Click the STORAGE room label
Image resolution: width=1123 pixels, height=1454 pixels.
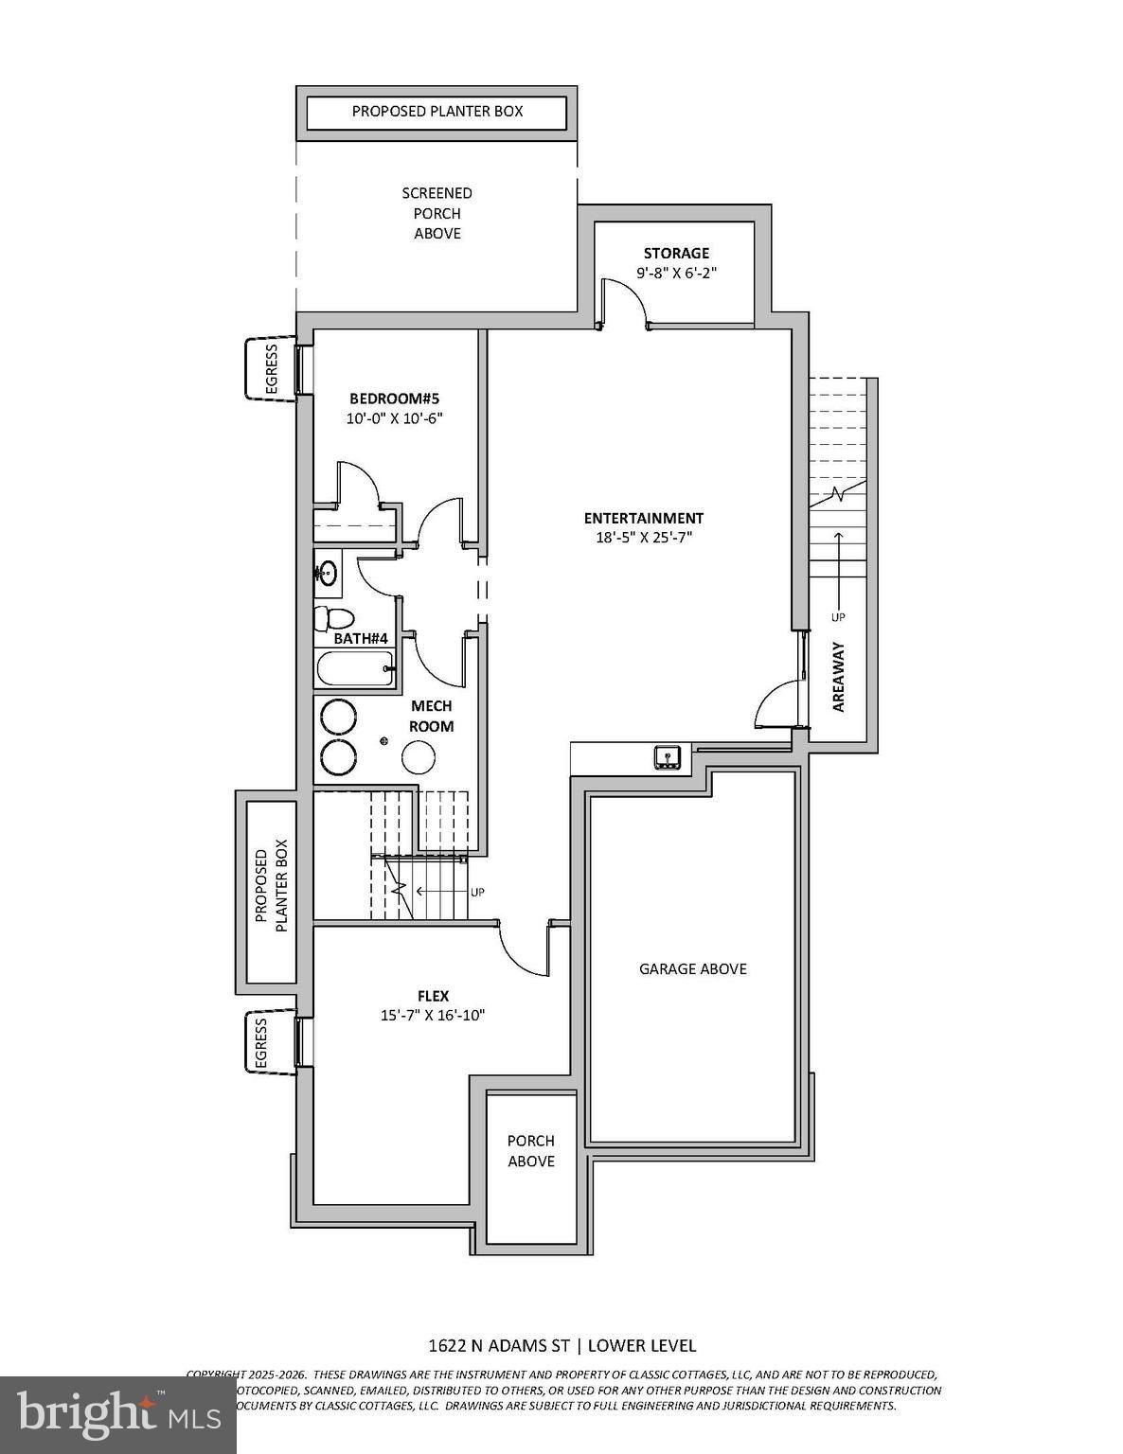(x=676, y=253)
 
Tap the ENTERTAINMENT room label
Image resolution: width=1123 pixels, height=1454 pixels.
(x=643, y=518)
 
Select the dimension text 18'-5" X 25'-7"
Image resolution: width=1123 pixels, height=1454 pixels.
(x=643, y=538)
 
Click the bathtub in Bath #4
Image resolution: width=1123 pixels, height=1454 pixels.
(x=352, y=668)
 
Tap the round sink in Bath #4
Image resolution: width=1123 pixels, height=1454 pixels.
(x=327, y=573)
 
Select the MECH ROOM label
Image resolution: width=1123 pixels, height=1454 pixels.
(x=431, y=716)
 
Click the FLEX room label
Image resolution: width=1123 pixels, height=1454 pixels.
(x=433, y=996)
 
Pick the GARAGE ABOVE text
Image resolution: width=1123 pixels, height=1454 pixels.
(x=692, y=968)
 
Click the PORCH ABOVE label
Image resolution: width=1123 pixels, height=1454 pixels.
(x=530, y=1151)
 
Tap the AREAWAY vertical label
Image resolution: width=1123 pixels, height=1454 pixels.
(x=838, y=676)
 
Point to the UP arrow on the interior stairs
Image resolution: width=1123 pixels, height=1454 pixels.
(x=440, y=892)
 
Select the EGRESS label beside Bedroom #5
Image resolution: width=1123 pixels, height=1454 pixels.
(x=271, y=369)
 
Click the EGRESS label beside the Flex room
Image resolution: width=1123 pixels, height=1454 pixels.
(x=260, y=1042)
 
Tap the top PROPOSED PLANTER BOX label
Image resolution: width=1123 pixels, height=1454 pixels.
(x=437, y=111)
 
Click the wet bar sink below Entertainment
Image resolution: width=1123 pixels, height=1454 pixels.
(x=668, y=756)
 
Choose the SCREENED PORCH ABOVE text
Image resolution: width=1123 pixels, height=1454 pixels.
(x=437, y=213)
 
